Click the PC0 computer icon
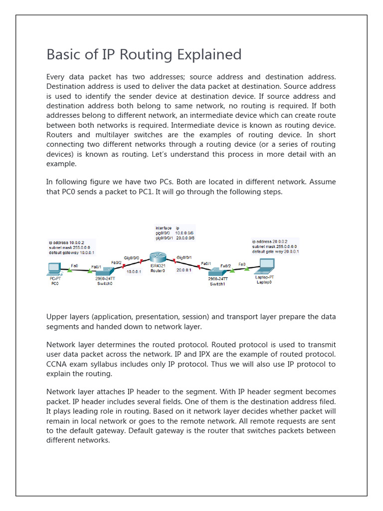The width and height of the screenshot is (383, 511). [x=53, y=269]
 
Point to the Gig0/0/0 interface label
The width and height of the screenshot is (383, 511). [x=132, y=258]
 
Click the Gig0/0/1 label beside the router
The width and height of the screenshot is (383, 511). [x=184, y=258]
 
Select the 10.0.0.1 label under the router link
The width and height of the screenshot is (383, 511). [x=134, y=272]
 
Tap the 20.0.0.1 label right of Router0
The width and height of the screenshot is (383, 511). [x=184, y=270]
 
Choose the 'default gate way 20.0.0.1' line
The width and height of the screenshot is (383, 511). [x=276, y=252]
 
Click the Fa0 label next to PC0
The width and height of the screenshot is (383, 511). [x=74, y=265]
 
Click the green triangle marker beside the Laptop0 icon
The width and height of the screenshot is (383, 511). [x=248, y=268]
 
